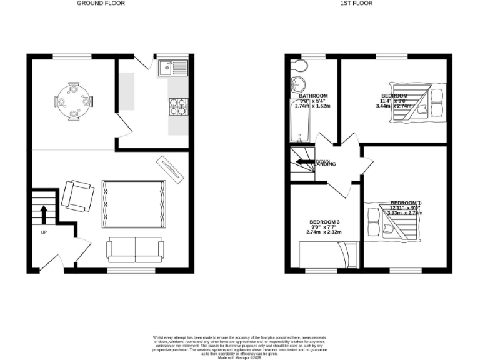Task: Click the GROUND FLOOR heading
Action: [101, 3]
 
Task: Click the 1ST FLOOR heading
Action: [356, 3]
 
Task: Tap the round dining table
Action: [74, 99]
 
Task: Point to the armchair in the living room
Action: [77, 195]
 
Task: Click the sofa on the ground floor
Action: [136, 249]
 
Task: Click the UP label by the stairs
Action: [43, 232]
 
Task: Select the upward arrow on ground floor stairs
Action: [44, 214]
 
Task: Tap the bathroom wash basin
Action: [297, 86]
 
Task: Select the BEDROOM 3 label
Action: [325, 222]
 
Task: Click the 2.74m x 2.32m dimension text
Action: [325, 232]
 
